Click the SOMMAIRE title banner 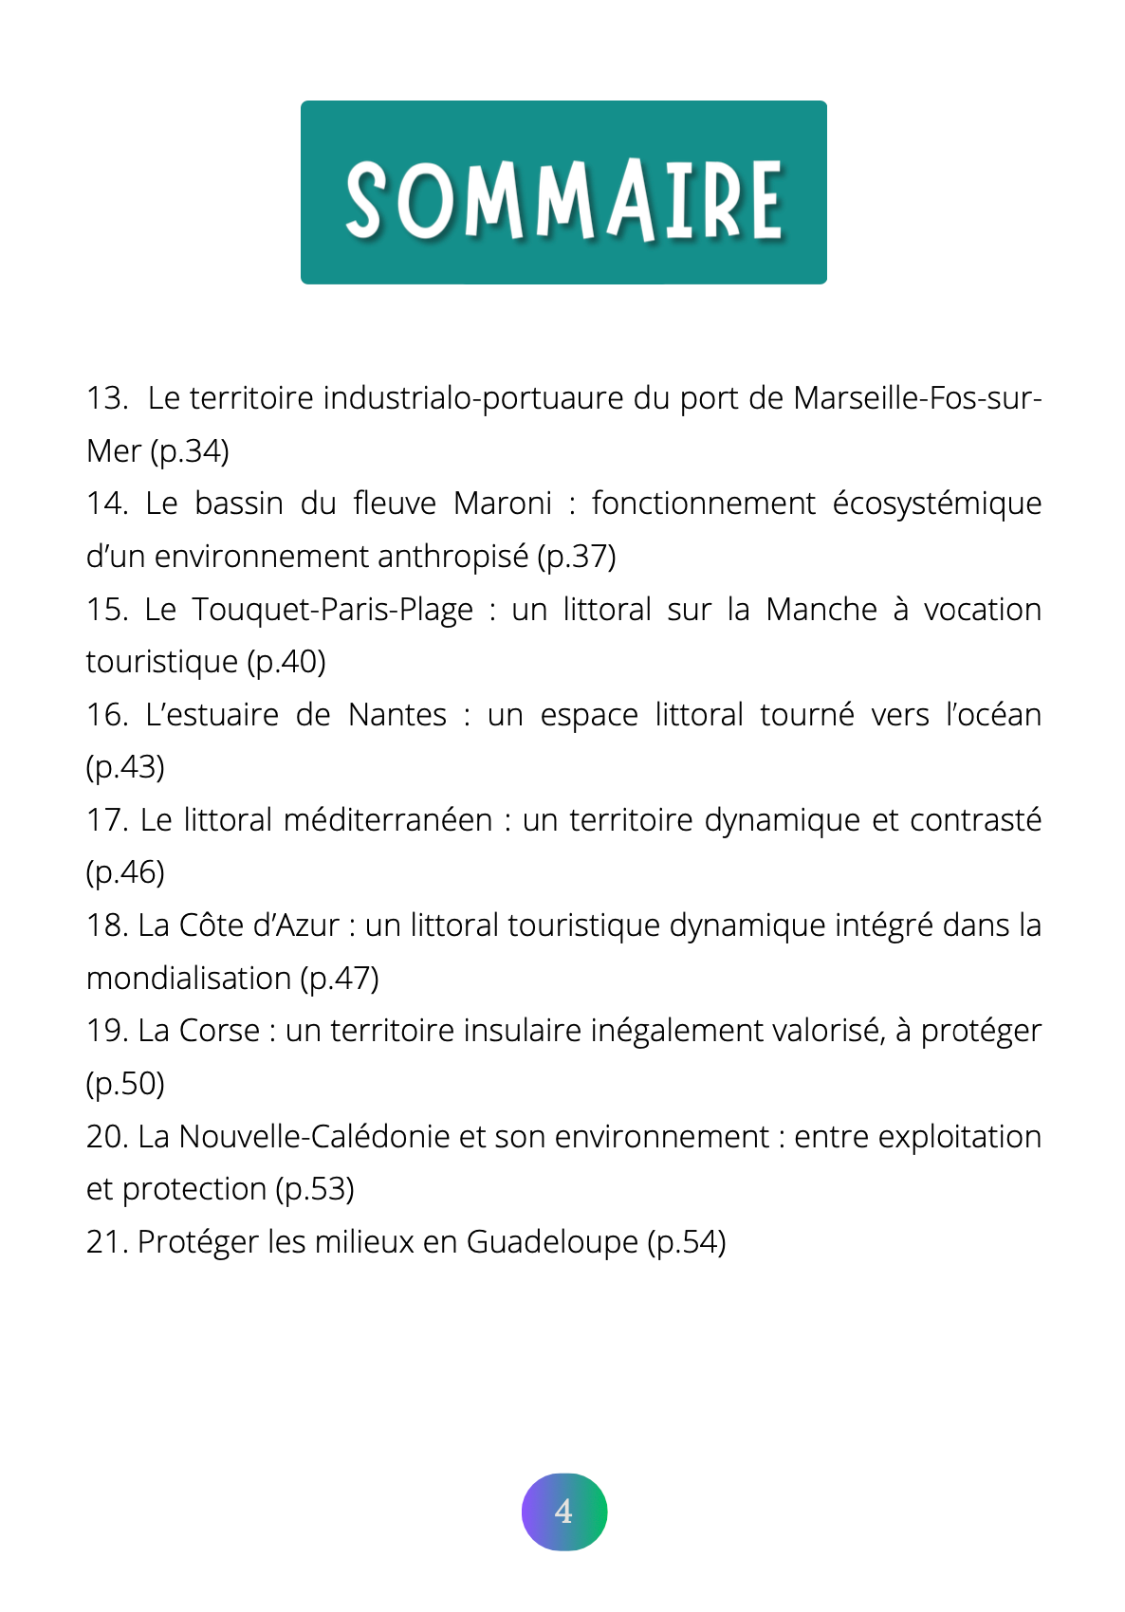coord(563,192)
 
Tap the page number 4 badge coord(564,1511)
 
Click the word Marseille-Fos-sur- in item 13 coord(917,398)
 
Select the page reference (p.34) coord(190,451)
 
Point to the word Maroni coord(503,504)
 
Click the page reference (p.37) coord(577,557)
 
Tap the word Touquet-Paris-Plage coord(333,610)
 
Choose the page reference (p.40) coord(286,662)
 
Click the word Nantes coord(397,715)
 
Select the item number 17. coord(106,820)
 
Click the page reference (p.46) coord(125,872)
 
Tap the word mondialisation coord(189,979)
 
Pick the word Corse coord(219,1031)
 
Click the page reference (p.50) coord(125,1084)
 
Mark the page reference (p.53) coord(315,1189)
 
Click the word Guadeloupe coord(552,1242)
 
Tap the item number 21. coord(106,1242)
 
